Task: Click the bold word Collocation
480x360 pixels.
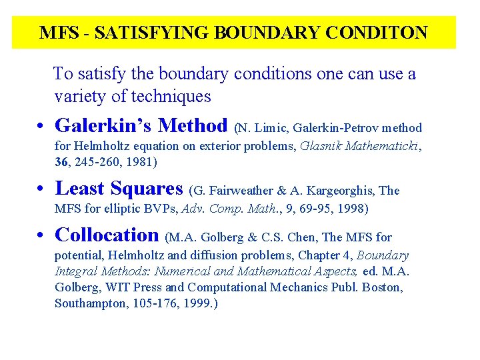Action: pyautogui.click(x=107, y=235)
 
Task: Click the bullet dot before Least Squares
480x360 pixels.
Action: pyautogui.click(x=41, y=190)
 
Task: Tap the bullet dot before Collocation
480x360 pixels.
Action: pyautogui.click(x=41, y=236)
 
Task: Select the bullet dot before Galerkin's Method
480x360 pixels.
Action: pyautogui.click(x=41, y=127)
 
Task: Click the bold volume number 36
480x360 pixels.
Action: pyautogui.click(x=62, y=162)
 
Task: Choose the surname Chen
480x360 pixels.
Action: pyautogui.click(x=317, y=237)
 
